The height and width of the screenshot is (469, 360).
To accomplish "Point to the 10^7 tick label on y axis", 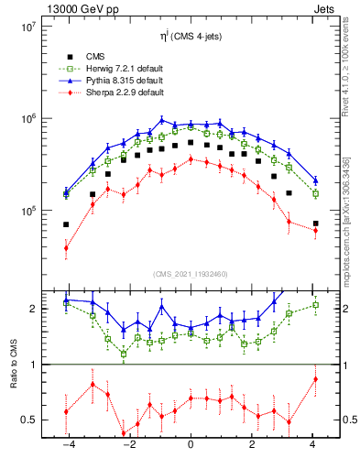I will pyautogui.click(x=28, y=27).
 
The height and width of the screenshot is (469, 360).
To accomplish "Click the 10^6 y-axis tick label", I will pyautogui.click(x=28, y=119).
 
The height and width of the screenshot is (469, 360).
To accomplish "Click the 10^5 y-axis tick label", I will pyautogui.click(x=28, y=212).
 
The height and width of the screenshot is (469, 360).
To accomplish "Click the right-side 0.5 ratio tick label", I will pyautogui.click(x=348, y=420).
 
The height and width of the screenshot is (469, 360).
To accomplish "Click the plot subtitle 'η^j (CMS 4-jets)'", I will pyautogui.click(x=191, y=36).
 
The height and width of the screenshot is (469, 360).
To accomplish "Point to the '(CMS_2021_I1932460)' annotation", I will pyautogui.click(x=191, y=275).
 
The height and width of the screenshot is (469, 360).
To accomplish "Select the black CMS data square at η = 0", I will pyautogui.click(x=191, y=143).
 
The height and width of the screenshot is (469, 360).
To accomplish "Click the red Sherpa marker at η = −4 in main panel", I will pyautogui.click(x=66, y=247).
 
